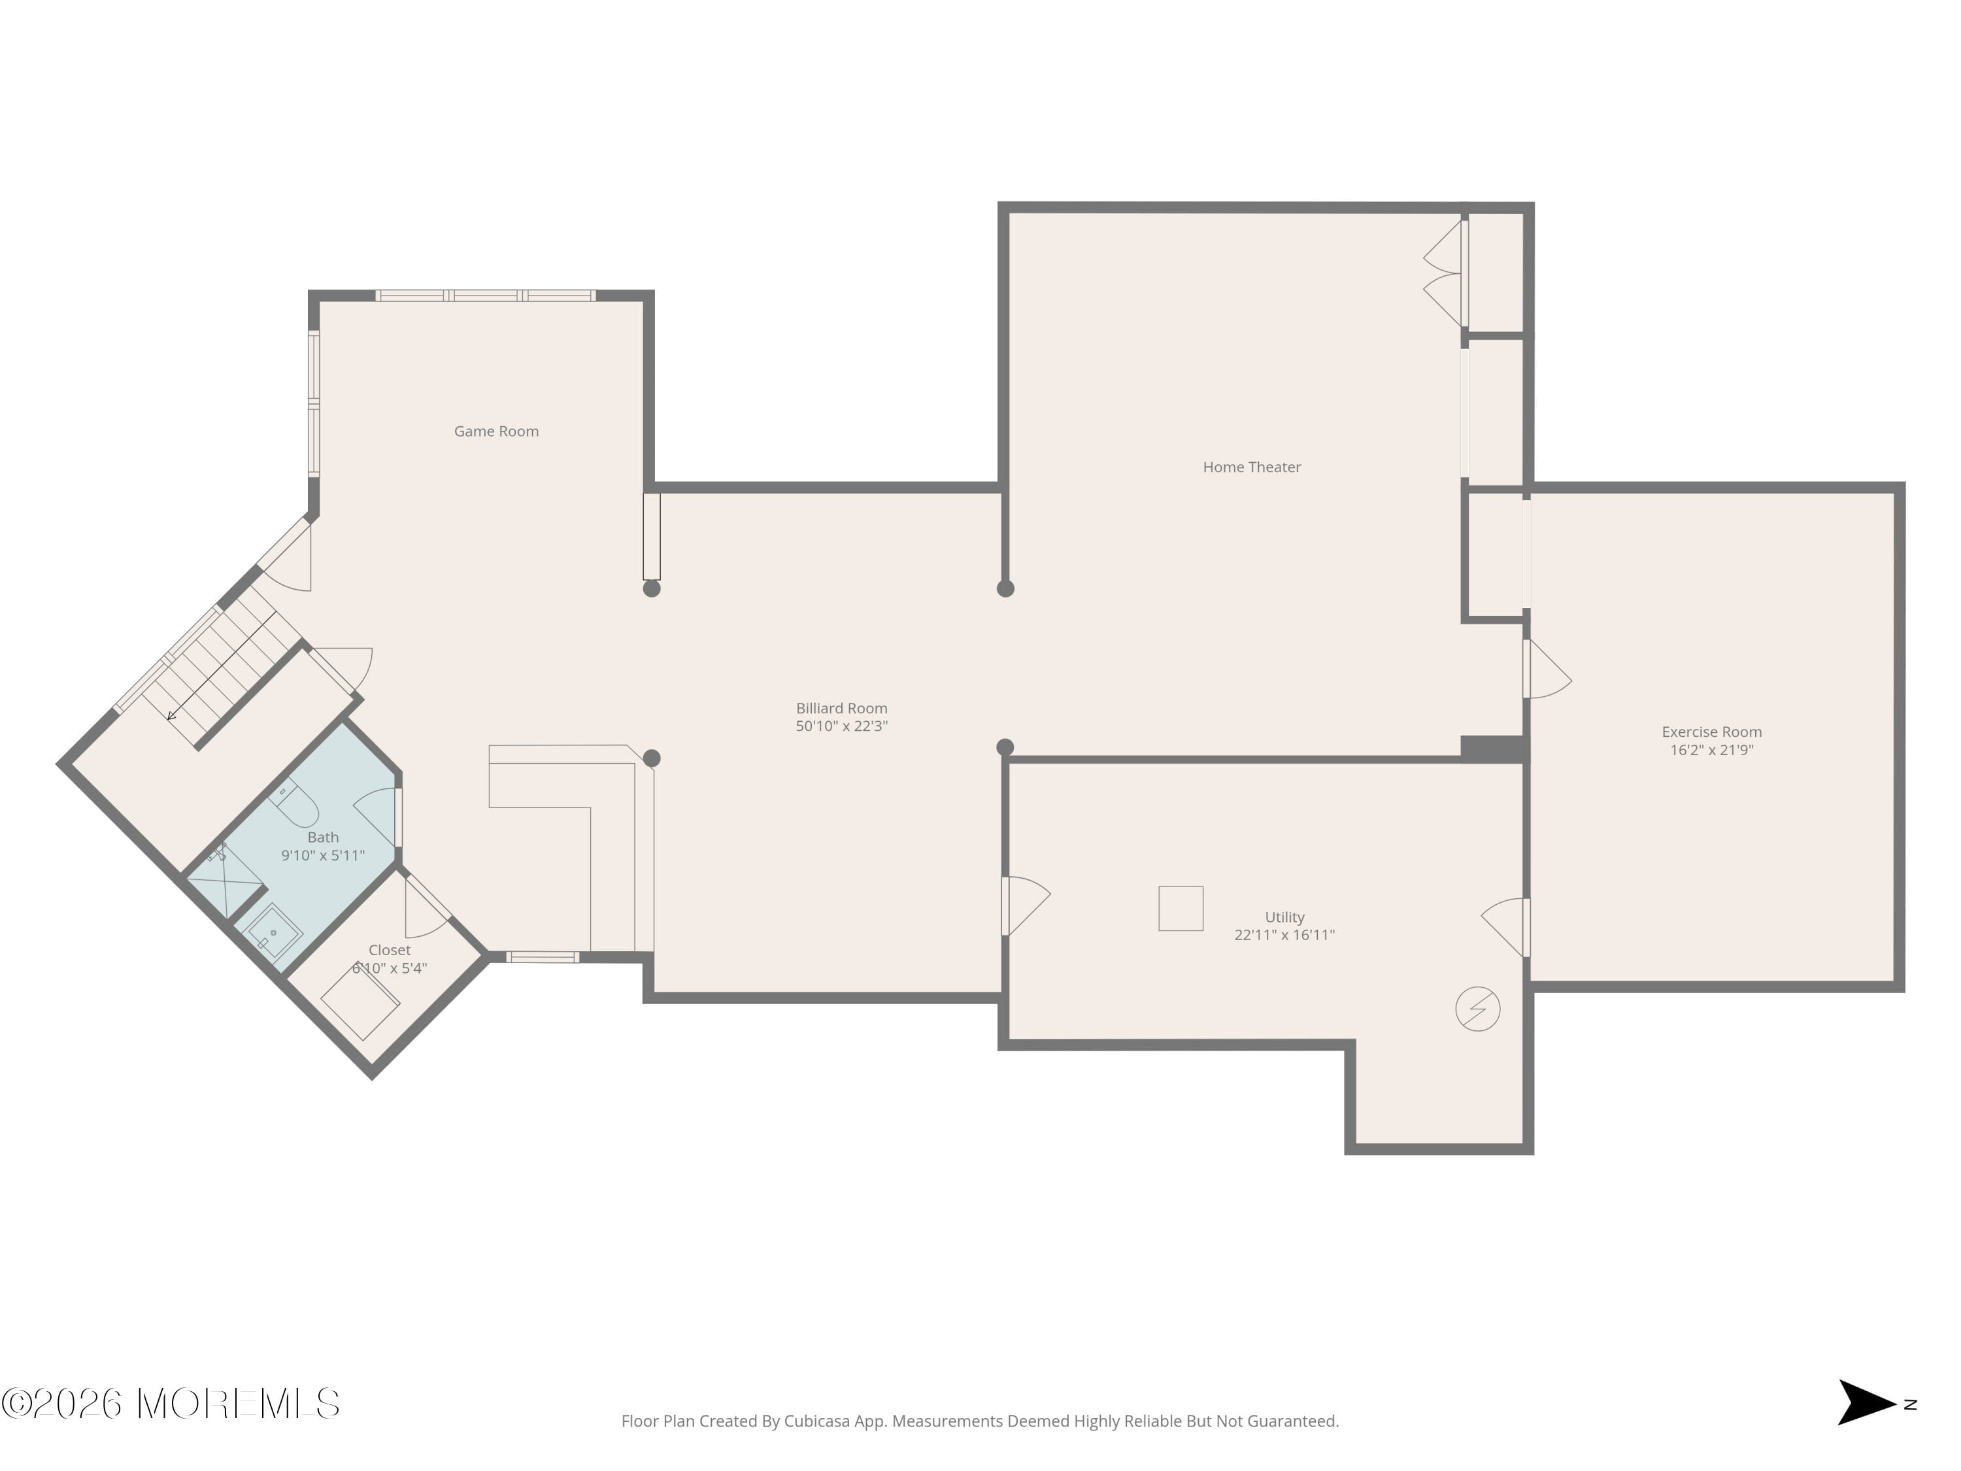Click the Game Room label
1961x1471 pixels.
[495, 431]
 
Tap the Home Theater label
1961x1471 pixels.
[1251, 466]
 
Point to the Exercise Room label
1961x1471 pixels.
[1711, 732]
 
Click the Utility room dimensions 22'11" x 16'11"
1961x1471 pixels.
[1284, 934]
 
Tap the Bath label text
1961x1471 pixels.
[323, 837]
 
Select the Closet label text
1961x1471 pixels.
[389, 950]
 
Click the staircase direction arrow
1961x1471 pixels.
[172, 715]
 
